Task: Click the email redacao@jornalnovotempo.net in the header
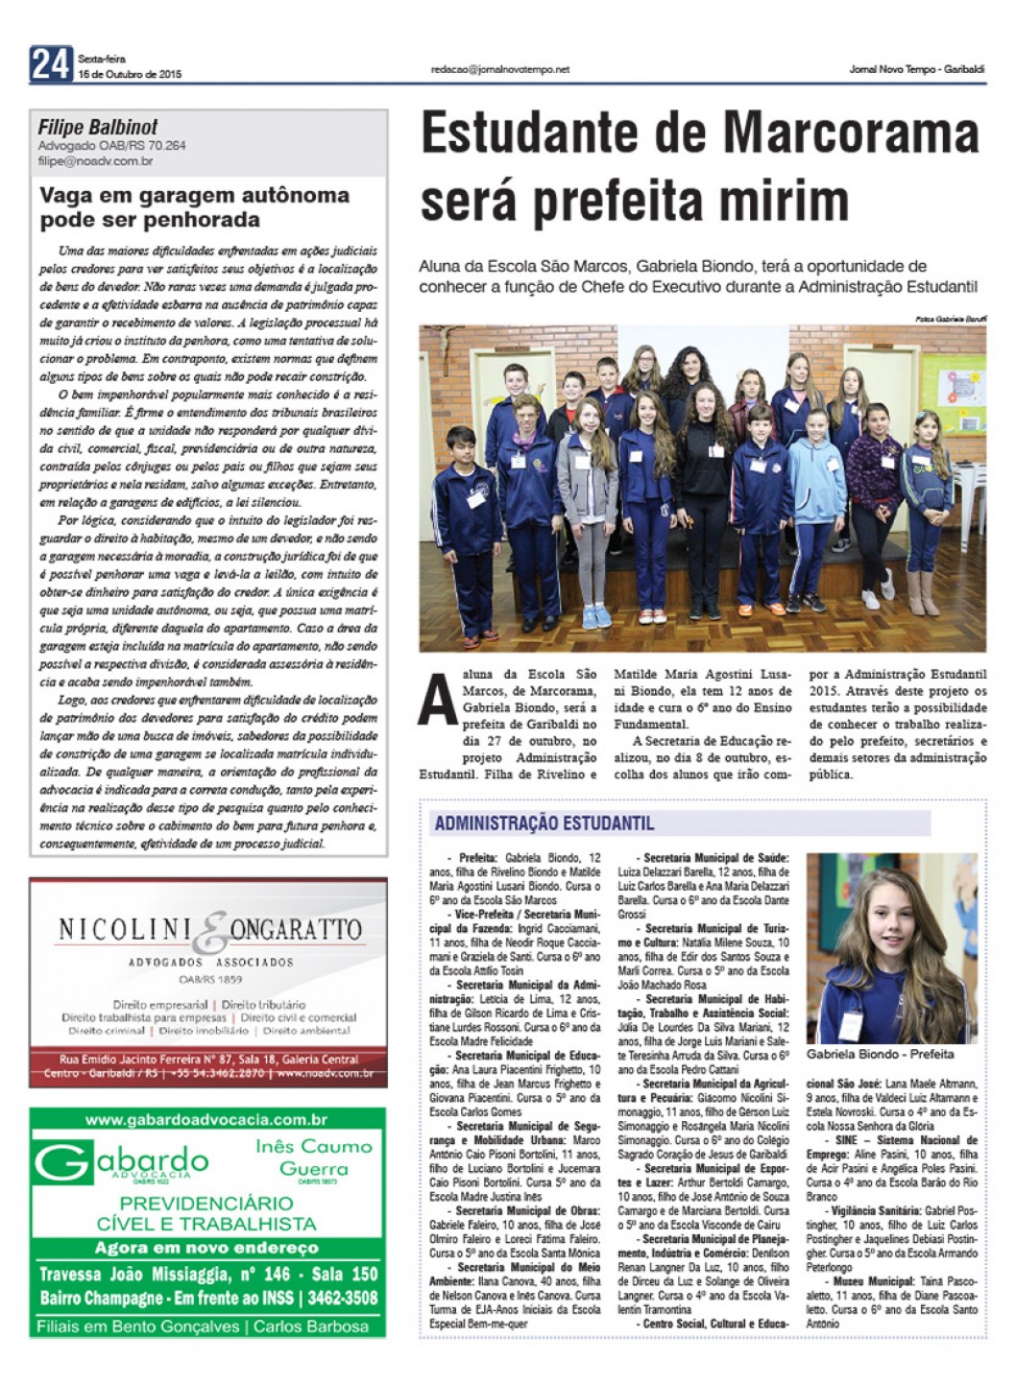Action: click(x=500, y=69)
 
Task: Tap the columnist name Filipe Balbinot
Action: click(x=98, y=128)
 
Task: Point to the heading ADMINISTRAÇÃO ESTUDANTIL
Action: click(x=544, y=824)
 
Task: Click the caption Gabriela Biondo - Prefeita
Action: click(x=880, y=1054)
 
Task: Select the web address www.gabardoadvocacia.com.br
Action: click(x=206, y=1119)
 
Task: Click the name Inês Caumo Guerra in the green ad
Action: click(x=313, y=1158)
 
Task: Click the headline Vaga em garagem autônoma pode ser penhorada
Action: click(x=194, y=207)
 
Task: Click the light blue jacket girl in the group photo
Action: click(x=814, y=499)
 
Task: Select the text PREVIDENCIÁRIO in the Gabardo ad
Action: click(x=206, y=1203)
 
